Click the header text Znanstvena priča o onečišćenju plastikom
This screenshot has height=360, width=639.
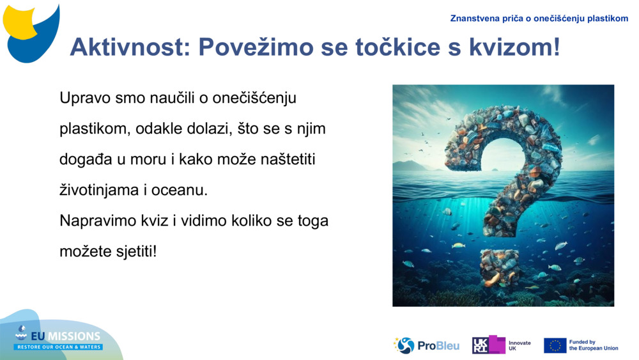click(x=539, y=18)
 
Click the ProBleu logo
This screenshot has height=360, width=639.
click(x=426, y=345)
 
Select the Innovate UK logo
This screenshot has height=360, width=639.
click(x=502, y=345)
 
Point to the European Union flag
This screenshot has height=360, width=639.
click(x=555, y=345)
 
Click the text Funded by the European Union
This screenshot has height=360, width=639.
click(x=594, y=345)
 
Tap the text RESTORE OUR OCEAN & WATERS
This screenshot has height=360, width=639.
click(x=59, y=347)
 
